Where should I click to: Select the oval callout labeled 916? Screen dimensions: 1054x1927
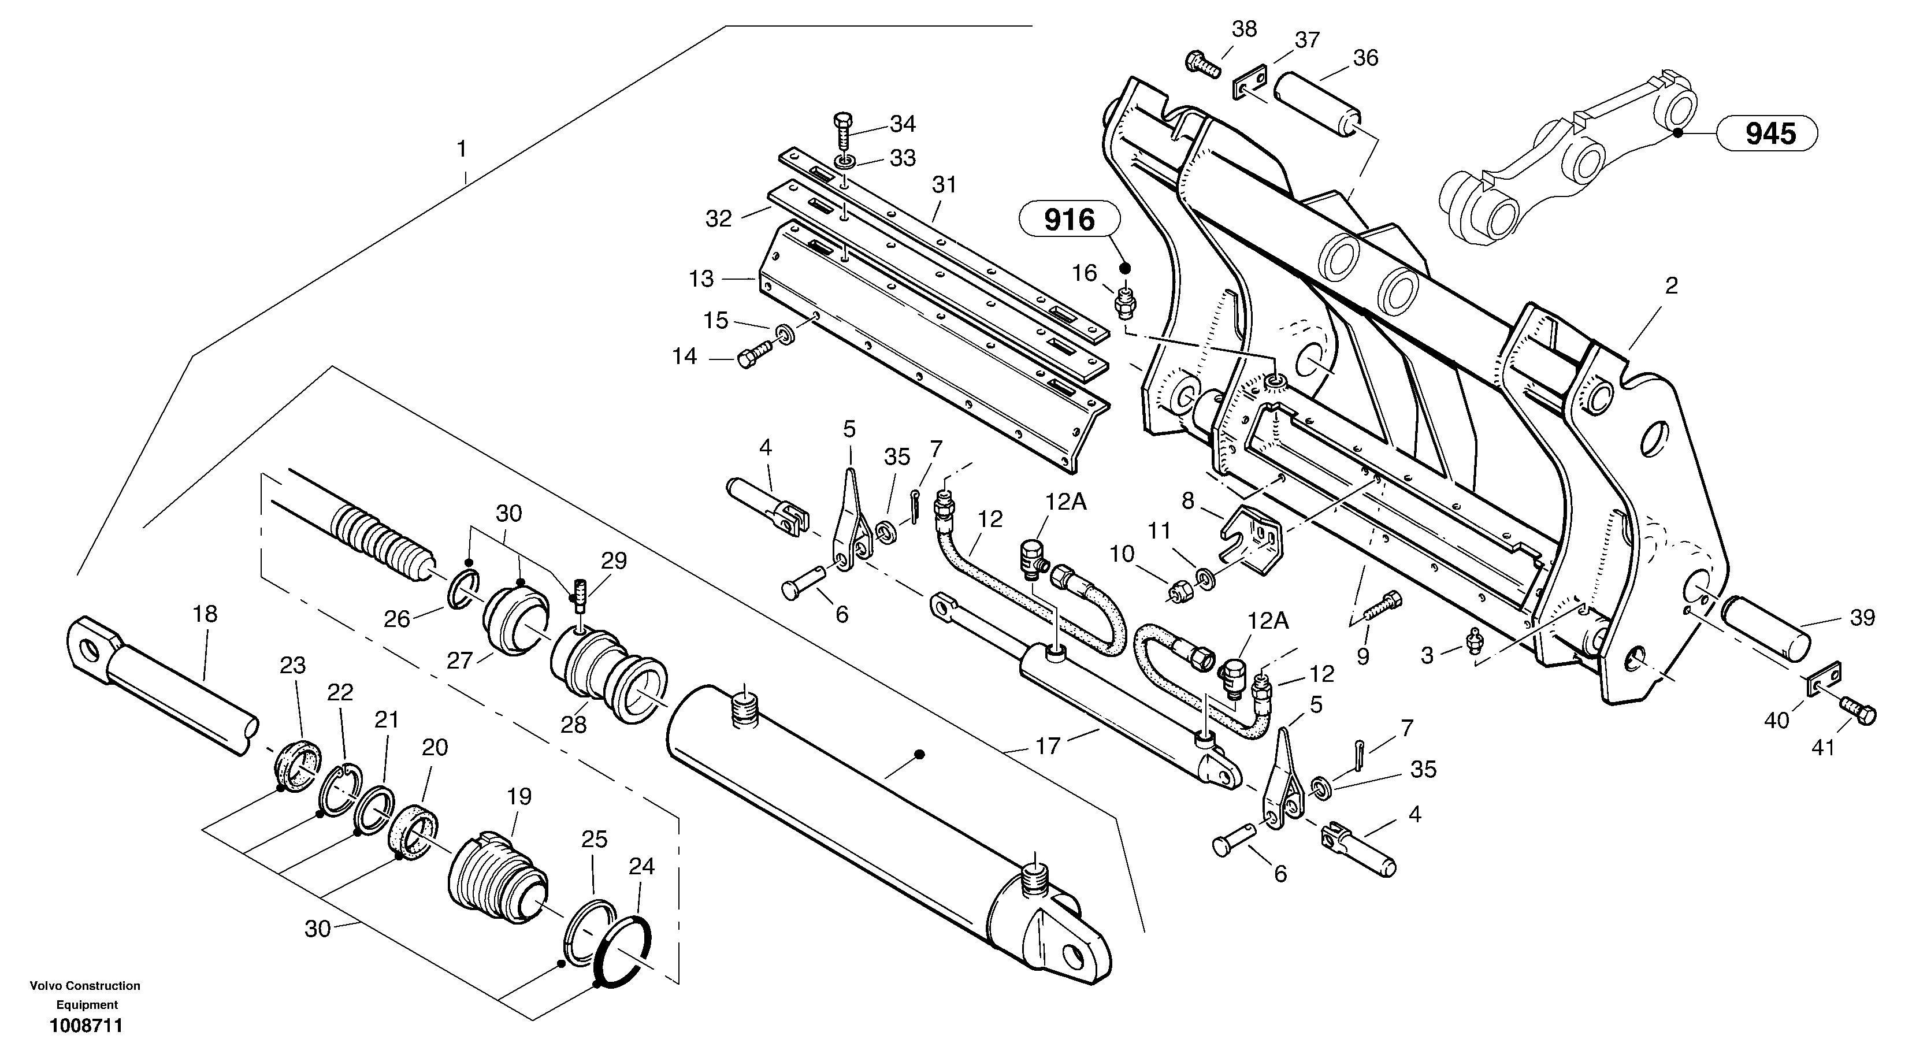point(1069,220)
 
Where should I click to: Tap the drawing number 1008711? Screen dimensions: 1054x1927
point(86,1026)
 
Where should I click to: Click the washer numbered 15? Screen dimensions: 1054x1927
point(785,333)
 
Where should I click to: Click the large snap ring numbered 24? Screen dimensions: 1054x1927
point(623,950)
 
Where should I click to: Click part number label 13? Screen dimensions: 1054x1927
point(701,279)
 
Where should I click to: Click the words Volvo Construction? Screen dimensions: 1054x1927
point(84,986)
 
